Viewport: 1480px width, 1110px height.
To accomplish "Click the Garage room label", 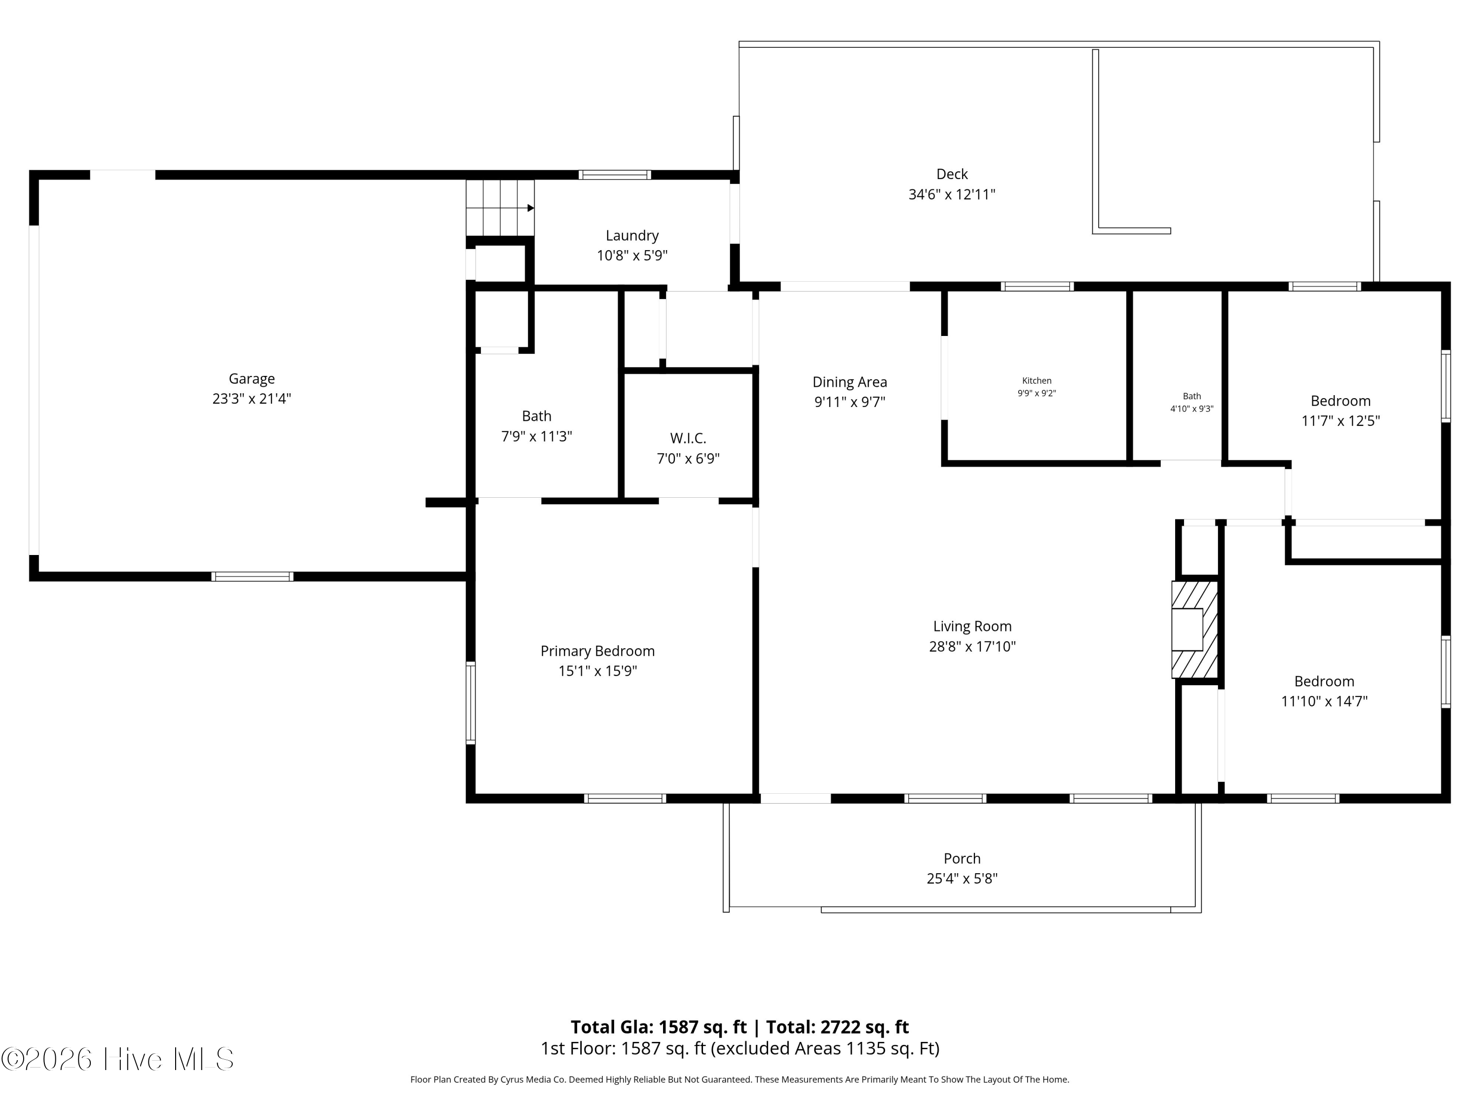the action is (x=252, y=379).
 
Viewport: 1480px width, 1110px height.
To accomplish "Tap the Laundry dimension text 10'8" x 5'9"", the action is (x=632, y=256).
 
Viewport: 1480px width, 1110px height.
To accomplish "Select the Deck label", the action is (x=952, y=174).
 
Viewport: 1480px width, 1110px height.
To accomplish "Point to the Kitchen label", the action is (x=1036, y=381).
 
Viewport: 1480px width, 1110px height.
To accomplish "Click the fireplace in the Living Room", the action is (x=1194, y=629).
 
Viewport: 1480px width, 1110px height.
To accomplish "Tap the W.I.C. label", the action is (x=688, y=438).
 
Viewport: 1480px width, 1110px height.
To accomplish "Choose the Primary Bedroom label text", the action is (x=597, y=651).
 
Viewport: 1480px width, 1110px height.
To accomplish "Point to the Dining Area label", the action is (x=850, y=382).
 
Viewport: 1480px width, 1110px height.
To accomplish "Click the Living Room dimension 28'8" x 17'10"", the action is (x=972, y=646).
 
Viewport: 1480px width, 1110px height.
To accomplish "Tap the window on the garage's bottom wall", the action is (x=252, y=577).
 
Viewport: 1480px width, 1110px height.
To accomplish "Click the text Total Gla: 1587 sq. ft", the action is (x=659, y=1027).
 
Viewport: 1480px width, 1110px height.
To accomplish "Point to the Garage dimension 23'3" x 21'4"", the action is (x=252, y=399).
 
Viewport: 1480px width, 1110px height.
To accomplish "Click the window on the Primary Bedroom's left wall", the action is (x=470, y=703).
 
